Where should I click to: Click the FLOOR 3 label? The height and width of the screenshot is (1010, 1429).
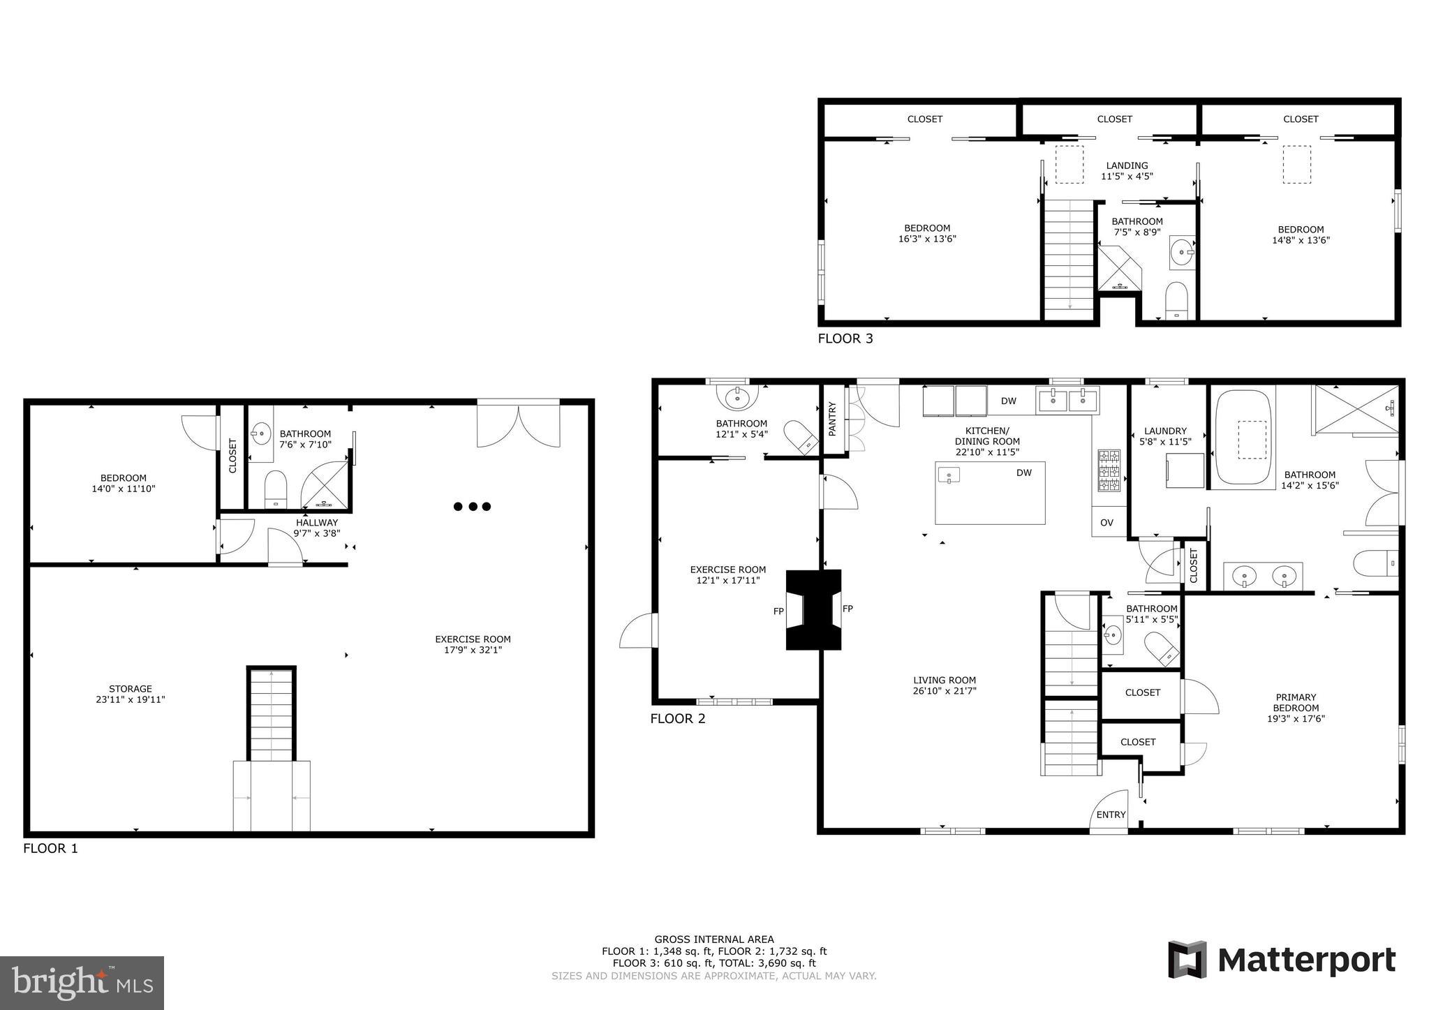point(845,339)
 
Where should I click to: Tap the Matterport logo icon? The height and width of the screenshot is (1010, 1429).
point(1187,960)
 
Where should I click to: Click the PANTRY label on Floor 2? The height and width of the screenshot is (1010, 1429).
point(832,419)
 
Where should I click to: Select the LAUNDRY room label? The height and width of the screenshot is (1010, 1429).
point(1165,431)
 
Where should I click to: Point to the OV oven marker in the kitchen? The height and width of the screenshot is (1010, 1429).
point(1106,523)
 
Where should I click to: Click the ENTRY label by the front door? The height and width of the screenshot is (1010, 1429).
point(1111,815)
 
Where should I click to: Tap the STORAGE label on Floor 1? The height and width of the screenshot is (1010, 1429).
point(130,689)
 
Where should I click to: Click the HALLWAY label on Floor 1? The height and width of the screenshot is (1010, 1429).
point(316,522)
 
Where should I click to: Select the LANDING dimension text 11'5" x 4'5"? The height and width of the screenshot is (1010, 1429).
point(1127,177)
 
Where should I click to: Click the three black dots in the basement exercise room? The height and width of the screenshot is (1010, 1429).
point(473,507)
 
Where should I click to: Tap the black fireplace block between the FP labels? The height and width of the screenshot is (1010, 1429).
point(813,610)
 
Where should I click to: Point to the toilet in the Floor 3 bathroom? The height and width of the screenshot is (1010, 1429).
point(1176,300)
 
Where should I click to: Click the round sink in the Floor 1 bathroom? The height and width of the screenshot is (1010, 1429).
point(261,433)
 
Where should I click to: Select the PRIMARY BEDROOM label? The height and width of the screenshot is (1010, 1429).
point(1296,702)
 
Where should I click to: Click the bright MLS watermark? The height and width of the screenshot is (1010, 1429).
point(82,983)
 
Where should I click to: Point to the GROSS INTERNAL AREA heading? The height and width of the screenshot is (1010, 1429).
point(713,940)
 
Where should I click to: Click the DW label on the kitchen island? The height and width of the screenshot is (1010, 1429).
point(1023,473)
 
